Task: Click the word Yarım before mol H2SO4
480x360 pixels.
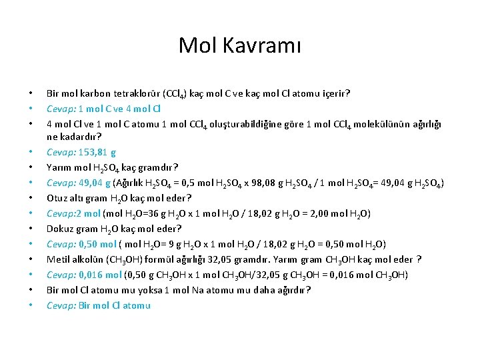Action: [x=60, y=167]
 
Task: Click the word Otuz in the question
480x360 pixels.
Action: [x=57, y=198]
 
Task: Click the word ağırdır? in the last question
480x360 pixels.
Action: [x=293, y=290]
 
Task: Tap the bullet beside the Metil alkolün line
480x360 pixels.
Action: [x=31, y=259]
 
